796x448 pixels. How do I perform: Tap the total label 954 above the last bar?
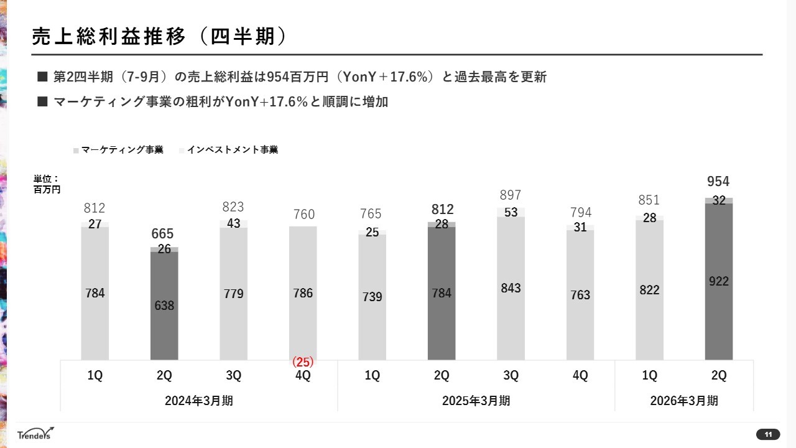(x=718, y=182)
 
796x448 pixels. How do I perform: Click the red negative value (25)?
(x=303, y=362)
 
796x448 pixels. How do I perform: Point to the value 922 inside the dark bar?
(x=718, y=281)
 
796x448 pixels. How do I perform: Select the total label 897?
(x=511, y=195)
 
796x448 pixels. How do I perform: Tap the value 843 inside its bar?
(x=511, y=288)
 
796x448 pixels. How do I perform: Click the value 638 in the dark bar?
(x=164, y=306)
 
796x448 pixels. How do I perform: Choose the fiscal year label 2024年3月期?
(x=199, y=401)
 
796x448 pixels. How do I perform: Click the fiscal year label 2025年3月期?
(x=476, y=401)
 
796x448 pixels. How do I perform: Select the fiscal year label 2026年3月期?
(x=684, y=401)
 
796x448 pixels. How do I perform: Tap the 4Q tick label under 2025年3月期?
(x=580, y=376)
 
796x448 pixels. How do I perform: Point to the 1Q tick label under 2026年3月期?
(x=649, y=376)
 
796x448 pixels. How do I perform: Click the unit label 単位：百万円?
(x=47, y=184)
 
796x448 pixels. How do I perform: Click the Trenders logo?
(x=35, y=434)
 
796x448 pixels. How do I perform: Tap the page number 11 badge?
(x=768, y=434)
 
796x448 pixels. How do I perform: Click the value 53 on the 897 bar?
(x=511, y=213)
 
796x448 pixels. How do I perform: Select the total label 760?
(x=303, y=215)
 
